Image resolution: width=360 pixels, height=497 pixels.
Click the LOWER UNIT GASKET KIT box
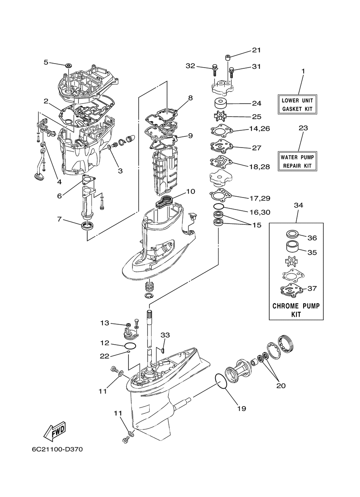297,104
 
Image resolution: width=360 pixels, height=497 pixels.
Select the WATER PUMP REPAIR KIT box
297,161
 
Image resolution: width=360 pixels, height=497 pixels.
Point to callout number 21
256,50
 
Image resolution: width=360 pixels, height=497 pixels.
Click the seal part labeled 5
68,66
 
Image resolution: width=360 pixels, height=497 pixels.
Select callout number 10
190,191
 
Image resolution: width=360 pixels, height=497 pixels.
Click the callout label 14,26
260,128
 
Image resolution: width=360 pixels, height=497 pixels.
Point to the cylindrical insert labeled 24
220,104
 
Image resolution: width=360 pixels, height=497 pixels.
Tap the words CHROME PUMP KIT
296,310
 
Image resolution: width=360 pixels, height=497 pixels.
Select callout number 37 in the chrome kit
312,288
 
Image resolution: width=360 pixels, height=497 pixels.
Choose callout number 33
165,335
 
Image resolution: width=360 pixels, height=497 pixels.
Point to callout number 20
281,386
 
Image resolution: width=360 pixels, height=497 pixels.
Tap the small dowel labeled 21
228,58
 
